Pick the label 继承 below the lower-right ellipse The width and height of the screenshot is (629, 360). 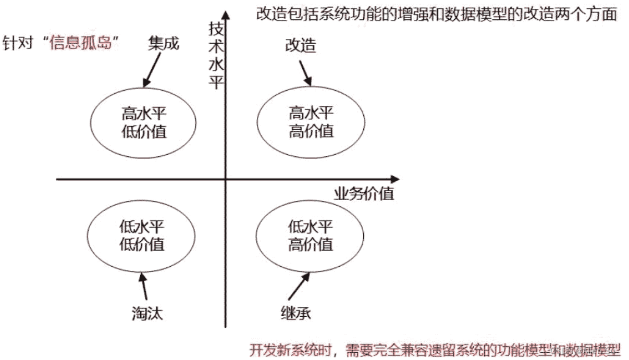(x=295, y=312)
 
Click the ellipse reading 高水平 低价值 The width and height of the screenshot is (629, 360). (x=144, y=121)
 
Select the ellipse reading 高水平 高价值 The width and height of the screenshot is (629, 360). (x=311, y=121)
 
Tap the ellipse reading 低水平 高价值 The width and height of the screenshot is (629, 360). (x=311, y=235)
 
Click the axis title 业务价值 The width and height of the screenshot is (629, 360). (x=364, y=194)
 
